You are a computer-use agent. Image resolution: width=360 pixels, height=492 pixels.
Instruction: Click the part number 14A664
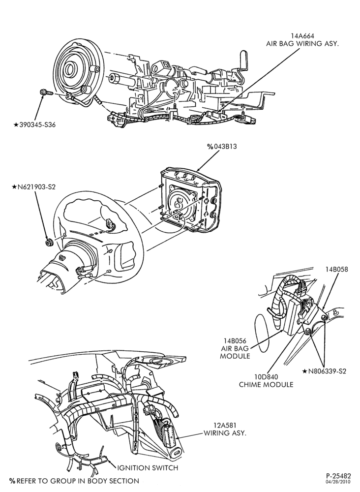302,36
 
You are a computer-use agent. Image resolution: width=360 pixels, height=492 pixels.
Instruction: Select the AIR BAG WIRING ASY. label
302,44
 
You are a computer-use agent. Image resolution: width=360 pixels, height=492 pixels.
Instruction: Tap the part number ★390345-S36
35,125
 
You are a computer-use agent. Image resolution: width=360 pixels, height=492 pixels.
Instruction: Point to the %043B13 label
222,147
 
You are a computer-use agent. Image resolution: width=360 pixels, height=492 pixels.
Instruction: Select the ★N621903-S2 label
33,187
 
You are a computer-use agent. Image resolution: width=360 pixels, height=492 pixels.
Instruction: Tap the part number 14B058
336,269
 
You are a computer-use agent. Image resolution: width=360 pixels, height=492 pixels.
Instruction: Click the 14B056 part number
235,341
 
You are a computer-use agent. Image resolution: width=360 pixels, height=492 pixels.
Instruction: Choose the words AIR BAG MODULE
235,352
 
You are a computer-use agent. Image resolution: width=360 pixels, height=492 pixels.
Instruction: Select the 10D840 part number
266,377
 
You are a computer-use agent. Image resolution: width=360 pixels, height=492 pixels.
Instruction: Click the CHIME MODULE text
266,384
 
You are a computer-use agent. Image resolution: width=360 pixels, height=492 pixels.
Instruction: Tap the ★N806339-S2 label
324,371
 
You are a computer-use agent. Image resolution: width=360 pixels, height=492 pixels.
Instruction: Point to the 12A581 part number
225,426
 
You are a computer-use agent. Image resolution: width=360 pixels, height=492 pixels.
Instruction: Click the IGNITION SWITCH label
148,468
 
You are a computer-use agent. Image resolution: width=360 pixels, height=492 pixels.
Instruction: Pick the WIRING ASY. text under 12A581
225,433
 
